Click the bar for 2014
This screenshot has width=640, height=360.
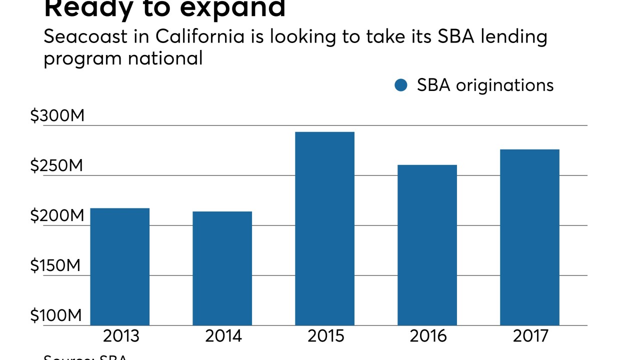click(x=222, y=268)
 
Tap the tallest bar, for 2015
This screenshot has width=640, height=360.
click(x=324, y=228)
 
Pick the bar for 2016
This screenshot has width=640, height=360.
click(x=427, y=245)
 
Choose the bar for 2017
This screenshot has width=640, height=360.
click(x=529, y=237)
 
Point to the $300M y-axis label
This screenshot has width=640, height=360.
click(x=57, y=116)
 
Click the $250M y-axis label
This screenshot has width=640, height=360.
click(x=56, y=166)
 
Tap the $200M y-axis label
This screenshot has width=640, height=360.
click(x=57, y=216)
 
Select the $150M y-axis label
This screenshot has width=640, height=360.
click(x=55, y=266)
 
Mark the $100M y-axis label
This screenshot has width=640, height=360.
click(x=56, y=316)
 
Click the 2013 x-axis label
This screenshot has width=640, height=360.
click(x=121, y=336)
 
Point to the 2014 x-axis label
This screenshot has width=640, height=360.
click(x=223, y=336)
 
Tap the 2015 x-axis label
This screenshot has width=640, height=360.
click(x=325, y=336)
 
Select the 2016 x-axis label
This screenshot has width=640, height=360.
click(x=428, y=336)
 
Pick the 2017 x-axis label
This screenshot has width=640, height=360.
click(x=530, y=336)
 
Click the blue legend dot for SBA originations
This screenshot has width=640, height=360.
click(x=401, y=85)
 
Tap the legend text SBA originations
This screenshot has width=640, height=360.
click(x=485, y=85)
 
